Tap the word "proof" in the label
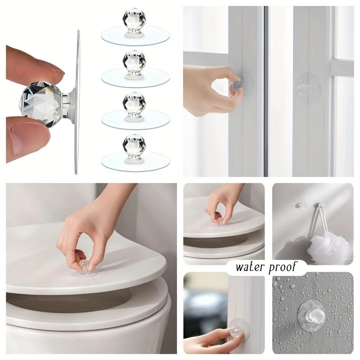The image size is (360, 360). (283, 268)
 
